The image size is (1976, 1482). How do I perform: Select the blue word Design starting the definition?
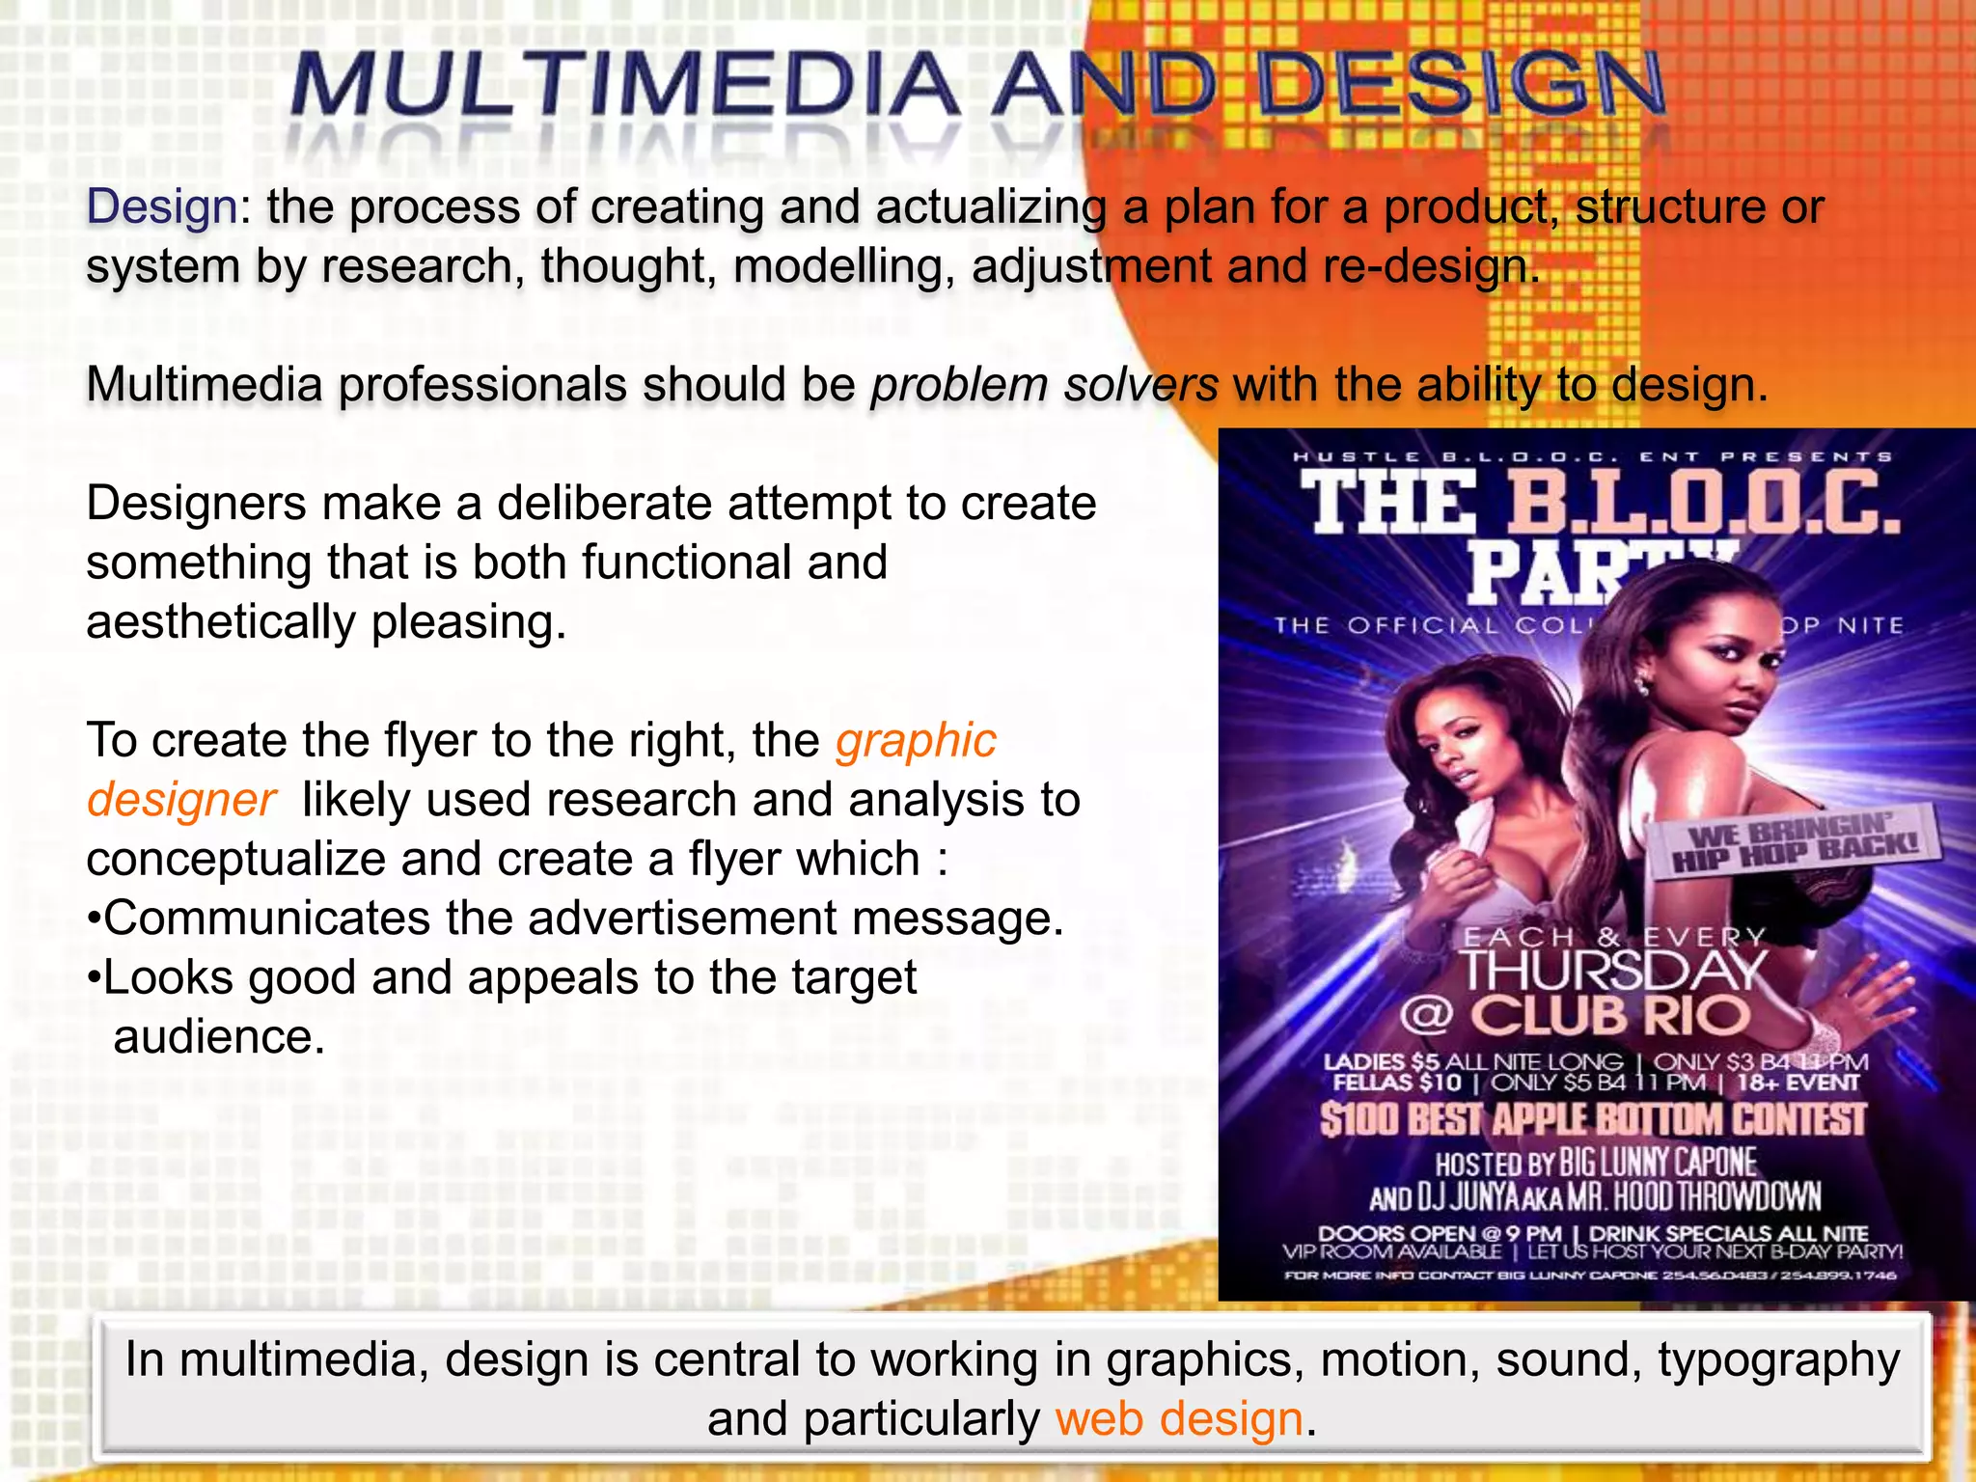162,206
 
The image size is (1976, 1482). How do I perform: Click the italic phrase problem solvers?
1045,385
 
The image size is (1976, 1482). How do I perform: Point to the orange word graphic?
916,741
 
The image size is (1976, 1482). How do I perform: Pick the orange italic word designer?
181,801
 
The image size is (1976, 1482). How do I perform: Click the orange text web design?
1179,1419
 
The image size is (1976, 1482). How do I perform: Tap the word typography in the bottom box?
1778,1360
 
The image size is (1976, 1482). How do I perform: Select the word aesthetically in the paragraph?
221,622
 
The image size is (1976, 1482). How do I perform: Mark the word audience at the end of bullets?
219,1038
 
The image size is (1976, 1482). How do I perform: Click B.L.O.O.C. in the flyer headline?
1703,504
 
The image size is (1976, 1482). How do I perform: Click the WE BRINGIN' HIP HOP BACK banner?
1795,842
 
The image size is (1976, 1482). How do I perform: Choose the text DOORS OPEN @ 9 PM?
1440,1233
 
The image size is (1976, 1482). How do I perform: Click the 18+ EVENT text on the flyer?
1797,1083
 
